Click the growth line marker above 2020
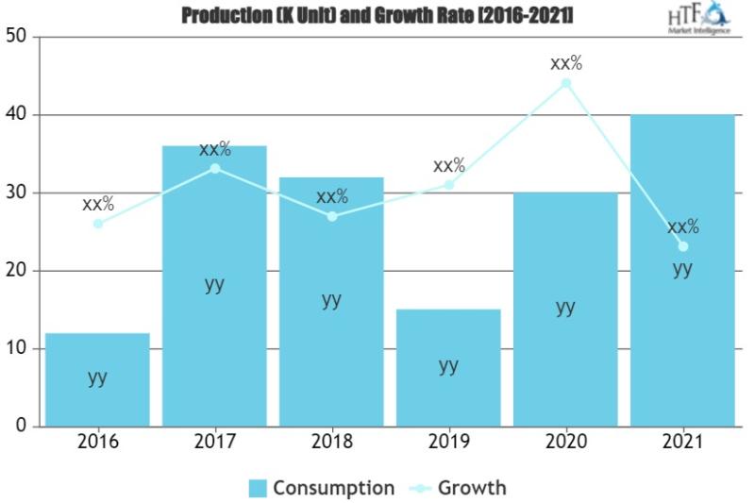(566, 83)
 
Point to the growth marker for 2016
(97, 224)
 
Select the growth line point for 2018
(331, 216)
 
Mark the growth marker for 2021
(682, 246)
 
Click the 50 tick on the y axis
(17, 38)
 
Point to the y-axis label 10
(17, 349)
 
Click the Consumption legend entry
(321, 488)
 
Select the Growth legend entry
(460, 488)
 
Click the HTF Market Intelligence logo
(698, 18)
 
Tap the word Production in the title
(224, 15)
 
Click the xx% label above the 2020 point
(566, 64)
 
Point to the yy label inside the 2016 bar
(97, 377)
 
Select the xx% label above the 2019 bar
(449, 166)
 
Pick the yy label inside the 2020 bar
(565, 308)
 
